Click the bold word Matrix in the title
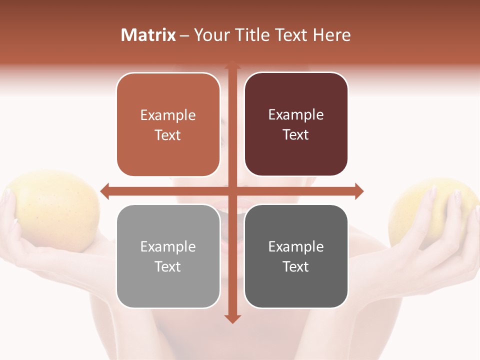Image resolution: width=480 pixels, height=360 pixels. pyautogui.click(x=148, y=35)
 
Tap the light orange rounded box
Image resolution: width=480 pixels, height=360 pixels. pyautogui.click(x=168, y=124)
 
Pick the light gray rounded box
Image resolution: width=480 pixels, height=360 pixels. pyautogui.click(x=168, y=256)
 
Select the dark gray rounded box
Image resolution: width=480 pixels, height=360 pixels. pyautogui.click(x=296, y=256)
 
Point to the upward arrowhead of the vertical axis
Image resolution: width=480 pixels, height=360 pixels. pyautogui.click(x=232, y=65)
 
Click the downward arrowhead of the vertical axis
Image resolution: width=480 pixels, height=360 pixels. pyautogui.click(x=232, y=318)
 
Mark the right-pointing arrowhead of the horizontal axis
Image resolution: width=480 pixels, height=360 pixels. pyautogui.click(x=359, y=191)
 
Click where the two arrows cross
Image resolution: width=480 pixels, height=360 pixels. pyautogui.click(x=232, y=191)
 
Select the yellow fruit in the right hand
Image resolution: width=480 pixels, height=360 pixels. pyautogui.click(x=425, y=210)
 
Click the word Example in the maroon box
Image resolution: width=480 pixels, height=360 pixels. pyautogui.click(x=296, y=115)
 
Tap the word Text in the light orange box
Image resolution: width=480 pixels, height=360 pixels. pyautogui.click(x=168, y=135)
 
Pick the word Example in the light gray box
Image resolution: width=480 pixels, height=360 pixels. pyautogui.click(x=168, y=246)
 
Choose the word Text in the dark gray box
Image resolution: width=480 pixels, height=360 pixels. pyautogui.click(x=296, y=266)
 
